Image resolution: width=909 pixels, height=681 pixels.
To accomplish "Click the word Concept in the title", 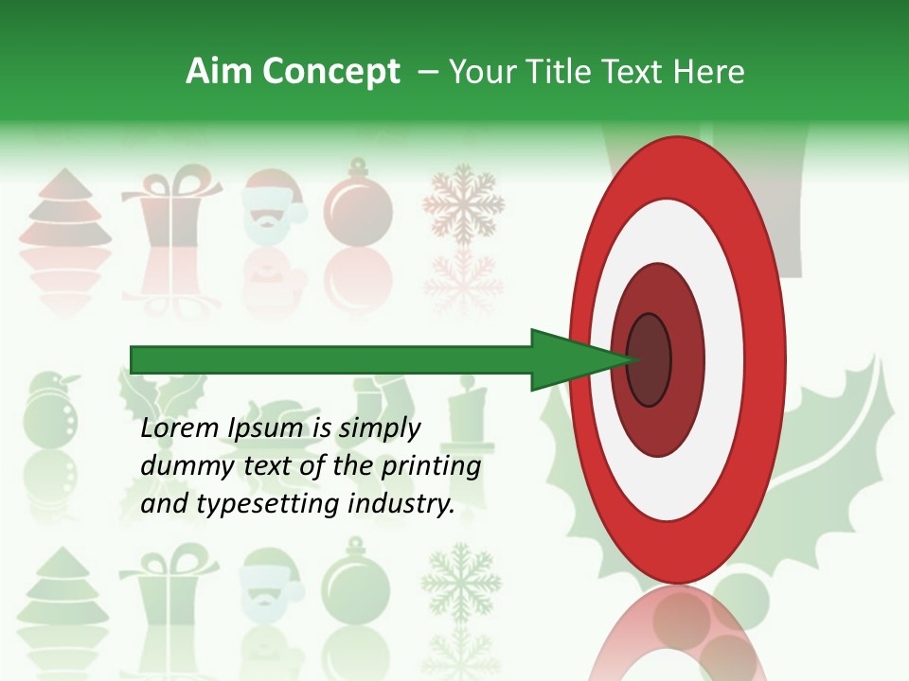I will [330, 72].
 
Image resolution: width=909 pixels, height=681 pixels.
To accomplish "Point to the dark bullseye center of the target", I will [650, 359].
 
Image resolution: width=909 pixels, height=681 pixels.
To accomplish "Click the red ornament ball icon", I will [358, 202].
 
